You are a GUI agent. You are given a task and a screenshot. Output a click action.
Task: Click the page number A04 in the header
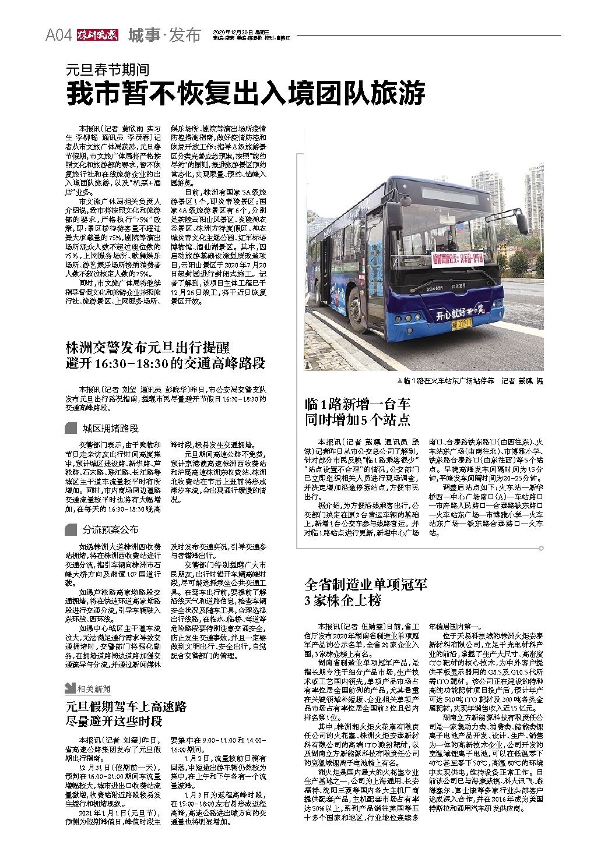tap(58, 36)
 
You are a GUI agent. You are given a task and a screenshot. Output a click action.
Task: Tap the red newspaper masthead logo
tap(96, 35)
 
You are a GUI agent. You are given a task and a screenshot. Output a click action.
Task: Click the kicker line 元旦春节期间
tap(107, 71)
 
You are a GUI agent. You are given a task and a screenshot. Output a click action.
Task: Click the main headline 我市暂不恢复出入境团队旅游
tap(245, 93)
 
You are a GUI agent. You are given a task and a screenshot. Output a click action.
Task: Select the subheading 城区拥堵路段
tap(110, 428)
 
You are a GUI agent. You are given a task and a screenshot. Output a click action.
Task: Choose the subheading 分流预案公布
tap(110, 529)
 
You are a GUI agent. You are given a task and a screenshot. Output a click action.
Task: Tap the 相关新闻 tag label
tap(94, 690)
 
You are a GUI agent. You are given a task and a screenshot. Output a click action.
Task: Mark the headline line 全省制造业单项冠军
tap(365, 584)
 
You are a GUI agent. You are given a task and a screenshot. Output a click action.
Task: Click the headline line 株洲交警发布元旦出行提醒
tap(147, 349)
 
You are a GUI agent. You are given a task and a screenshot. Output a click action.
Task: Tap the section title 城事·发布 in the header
tap(164, 35)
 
